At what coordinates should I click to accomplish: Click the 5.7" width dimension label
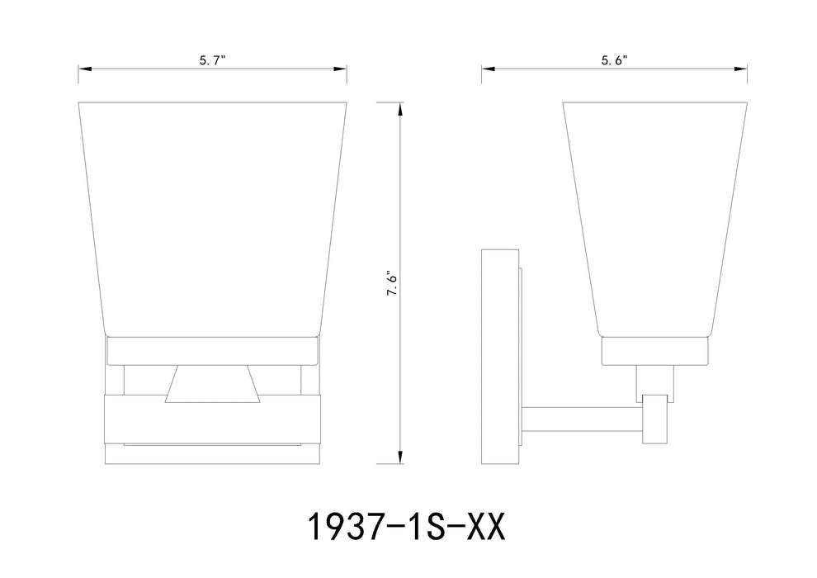212,59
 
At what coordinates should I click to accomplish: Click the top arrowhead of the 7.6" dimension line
400,108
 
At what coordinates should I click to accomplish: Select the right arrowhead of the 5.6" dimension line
745,69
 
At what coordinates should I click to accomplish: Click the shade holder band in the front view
212,352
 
